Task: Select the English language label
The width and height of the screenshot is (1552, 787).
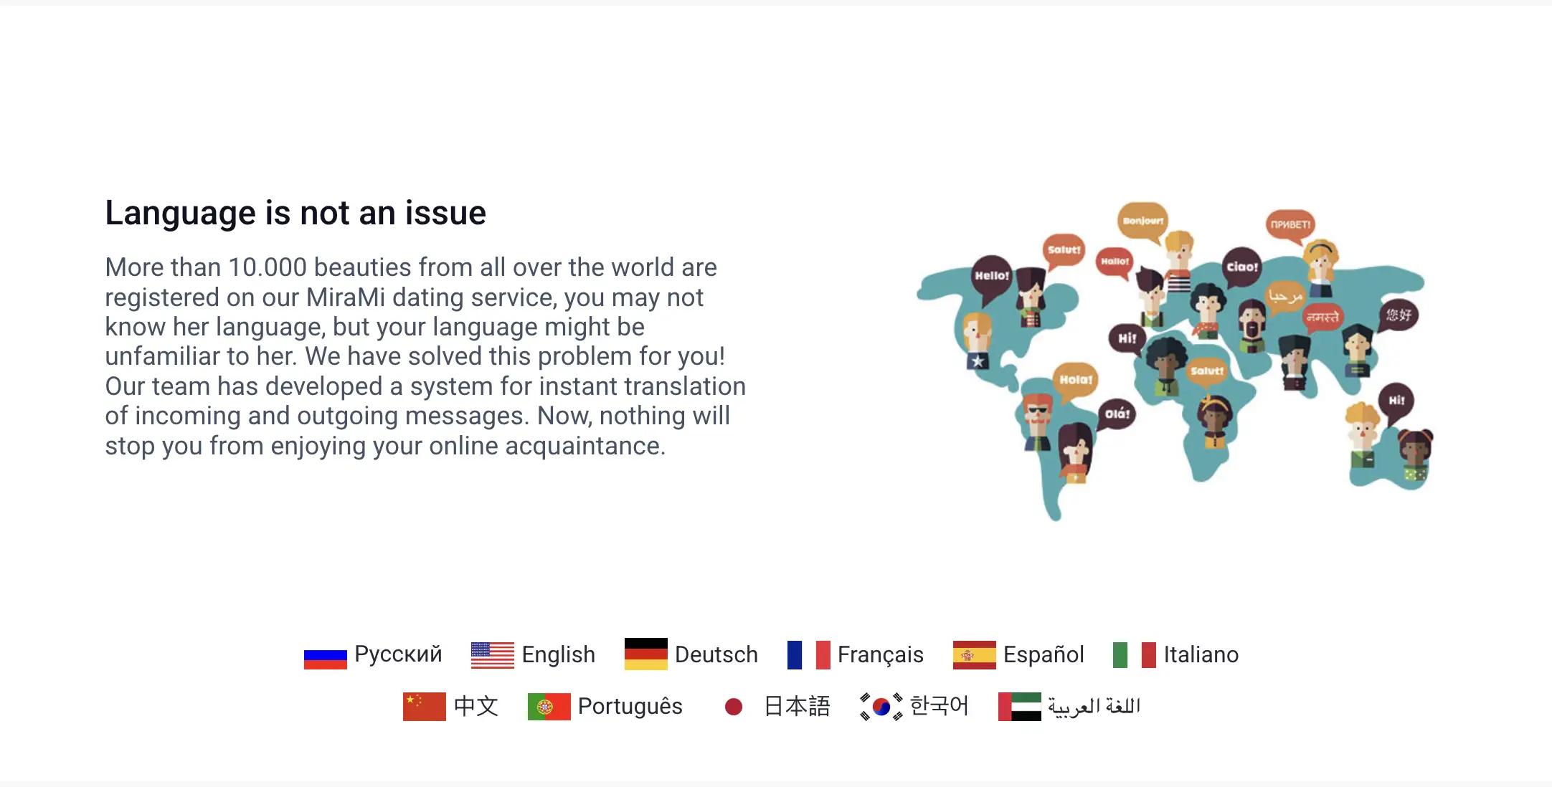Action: (x=558, y=654)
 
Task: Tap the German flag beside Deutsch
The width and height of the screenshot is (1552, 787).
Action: (x=645, y=654)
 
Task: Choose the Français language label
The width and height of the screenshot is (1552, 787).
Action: (x=880, y=654)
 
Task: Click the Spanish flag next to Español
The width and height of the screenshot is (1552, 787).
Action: (x=974, y=654)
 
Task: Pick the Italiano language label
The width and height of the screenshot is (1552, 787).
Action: (x=1201, y=654)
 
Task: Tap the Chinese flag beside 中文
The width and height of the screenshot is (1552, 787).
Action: (x=424, y=706)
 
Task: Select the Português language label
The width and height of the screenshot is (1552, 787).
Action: (x=630, y=706)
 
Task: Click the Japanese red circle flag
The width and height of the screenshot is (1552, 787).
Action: (x=733, y=707)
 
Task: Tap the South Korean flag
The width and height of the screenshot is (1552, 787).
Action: (x=881, y=707)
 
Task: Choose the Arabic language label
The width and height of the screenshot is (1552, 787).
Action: (x=1094, y=707)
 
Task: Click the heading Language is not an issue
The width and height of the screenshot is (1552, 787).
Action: (x=295, y=213)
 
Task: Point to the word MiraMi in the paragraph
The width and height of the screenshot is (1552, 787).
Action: (x=346, y=297)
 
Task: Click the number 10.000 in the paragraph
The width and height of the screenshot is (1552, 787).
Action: (x=268, y=267)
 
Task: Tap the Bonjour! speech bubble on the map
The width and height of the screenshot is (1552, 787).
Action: (x=1142, y=221)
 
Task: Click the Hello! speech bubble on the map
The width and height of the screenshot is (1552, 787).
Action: (x=991, y=275)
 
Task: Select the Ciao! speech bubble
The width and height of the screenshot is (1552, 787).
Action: (x=1242, y=267)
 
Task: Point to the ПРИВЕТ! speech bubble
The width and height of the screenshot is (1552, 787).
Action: (x=1290, y=224)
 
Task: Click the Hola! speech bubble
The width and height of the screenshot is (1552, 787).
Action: (x=1076, y=379)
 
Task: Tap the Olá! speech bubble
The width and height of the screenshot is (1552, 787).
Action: (x=1117, y=414)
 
